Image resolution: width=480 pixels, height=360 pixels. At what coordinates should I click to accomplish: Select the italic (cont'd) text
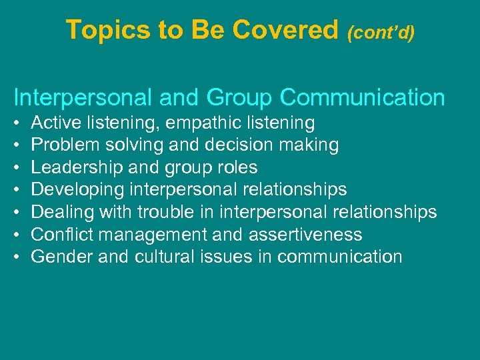coord(381,32)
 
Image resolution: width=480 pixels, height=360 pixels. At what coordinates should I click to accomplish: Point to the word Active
coord(54,123)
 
